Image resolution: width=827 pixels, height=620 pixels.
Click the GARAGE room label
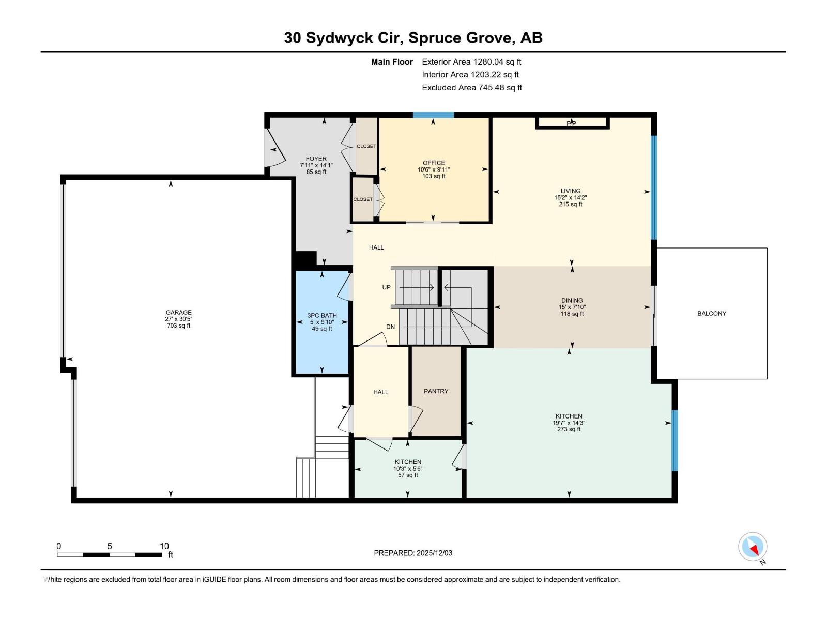tap(178, 312)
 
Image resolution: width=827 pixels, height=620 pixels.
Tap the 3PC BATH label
tap(321, 315)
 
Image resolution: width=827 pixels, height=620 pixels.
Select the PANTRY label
tap(436, 391)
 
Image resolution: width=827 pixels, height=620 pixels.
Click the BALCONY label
tap(711, 313)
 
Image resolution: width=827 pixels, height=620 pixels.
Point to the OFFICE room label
tap(434, 163)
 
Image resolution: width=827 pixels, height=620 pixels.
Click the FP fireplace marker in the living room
tap(571, 123)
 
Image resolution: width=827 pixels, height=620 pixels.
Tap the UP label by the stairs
tap(386, 287)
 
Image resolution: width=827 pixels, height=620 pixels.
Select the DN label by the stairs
tap(390, 327)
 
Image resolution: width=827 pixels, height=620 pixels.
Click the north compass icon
tap(753, 547)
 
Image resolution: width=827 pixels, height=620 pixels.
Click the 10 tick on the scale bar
tap(164, 546)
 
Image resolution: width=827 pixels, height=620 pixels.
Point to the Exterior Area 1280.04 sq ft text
tap(471, 61)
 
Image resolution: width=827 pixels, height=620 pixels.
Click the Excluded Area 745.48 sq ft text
tap(472, 87)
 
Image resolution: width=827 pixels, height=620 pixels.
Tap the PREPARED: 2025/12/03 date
tap(413, 553)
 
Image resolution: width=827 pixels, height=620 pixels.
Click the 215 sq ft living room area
tap(570, 204)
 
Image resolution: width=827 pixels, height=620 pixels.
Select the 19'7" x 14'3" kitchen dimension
tap(569, 423)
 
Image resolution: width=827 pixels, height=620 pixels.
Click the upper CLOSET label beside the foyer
tap(366, 146)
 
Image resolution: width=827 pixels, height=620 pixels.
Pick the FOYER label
tap(316, 159)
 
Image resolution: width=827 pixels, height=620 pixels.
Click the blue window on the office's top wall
tap(433, 115)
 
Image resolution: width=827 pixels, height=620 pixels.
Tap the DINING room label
tap(572, 300)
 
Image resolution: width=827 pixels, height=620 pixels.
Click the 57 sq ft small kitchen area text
tap(408, 475)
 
